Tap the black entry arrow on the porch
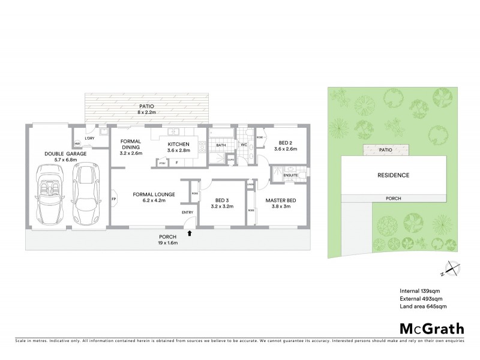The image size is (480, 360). (x=190, y=233)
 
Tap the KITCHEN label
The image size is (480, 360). (x=178, y=145)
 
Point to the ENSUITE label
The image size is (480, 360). (x=283, y=176)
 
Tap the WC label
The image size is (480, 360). (x=244, y=145)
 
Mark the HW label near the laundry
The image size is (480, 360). (x=77, y=144)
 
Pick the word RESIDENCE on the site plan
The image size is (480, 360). (x=393, y=176)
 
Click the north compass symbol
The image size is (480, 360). (x=449, y=271)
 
